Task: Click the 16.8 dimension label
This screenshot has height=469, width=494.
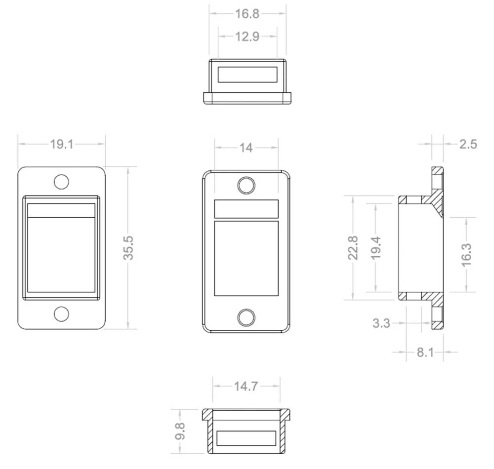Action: pos(247,13)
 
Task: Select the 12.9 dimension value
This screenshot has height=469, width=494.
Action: pos(247,37)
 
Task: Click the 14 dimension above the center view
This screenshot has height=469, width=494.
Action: pos(246,147)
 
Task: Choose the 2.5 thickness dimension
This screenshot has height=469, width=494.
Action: pos(468,144)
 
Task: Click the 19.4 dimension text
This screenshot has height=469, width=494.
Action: pos(376,247)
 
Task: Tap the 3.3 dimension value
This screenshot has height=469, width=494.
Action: pos(381,323)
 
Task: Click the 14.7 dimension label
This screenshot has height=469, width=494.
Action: pos(246,386)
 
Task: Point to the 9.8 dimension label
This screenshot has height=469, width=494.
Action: pos(181,430)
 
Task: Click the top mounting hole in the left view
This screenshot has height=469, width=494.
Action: pos(61,182)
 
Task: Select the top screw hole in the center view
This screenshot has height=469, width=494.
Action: pos(246,185)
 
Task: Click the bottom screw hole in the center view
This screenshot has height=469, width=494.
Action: pos(246,317)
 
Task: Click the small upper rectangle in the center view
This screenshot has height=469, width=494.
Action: pos(246,208)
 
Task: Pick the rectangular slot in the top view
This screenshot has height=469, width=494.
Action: pos(247,75)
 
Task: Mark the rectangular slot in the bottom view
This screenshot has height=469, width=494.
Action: pos(246,438)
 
